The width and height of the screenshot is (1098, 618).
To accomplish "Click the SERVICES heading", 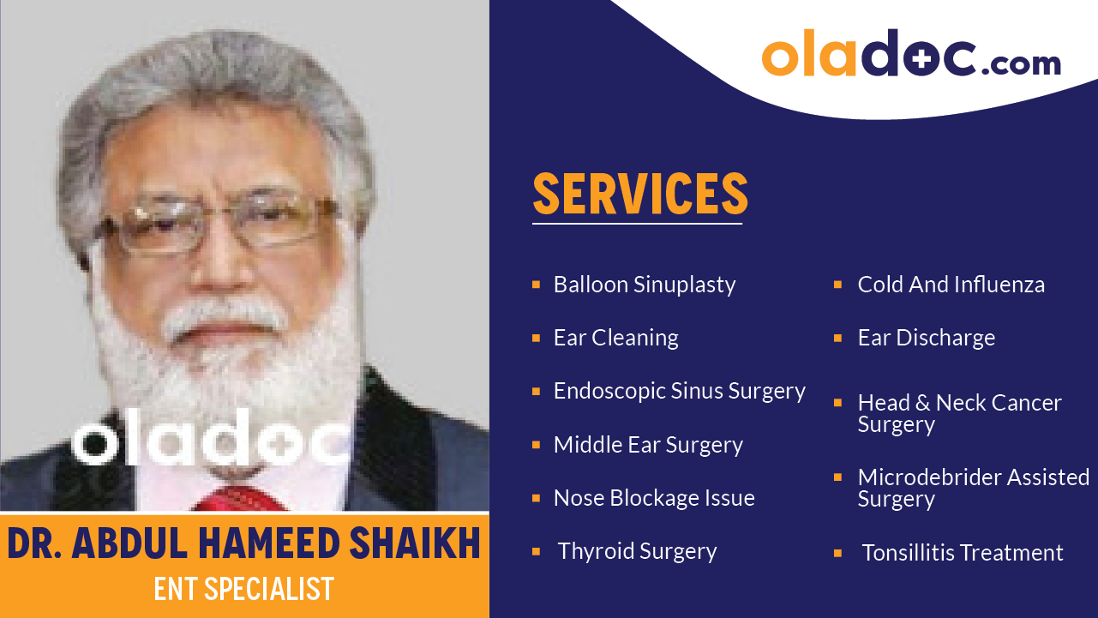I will coord(639,194).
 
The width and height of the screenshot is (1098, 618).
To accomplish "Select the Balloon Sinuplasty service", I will coord(644,285).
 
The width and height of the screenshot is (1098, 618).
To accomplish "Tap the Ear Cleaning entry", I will coord(615,338).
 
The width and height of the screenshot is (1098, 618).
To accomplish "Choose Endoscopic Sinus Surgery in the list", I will coord(679,391).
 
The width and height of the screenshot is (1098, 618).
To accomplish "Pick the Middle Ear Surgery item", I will coord(648,445).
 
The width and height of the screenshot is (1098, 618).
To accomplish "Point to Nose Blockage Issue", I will coord(654,498).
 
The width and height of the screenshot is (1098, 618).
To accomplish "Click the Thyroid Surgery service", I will coord(637,551).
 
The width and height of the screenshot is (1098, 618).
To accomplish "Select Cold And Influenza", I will coord(951,285).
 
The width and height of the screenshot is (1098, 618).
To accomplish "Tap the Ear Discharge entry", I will coord(926,338).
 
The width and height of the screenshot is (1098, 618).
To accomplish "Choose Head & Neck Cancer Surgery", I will coord(959,413).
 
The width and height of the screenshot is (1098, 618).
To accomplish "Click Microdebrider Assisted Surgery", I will coord(973,488).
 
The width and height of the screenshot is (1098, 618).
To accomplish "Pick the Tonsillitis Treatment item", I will coord(962,553).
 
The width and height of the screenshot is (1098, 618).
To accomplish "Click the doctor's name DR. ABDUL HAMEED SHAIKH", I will coord(244,544).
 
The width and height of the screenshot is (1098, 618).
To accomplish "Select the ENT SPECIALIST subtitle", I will coord(243,590).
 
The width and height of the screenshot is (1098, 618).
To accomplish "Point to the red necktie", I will coord(244,499).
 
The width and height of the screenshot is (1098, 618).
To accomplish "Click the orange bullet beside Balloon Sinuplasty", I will coord(536,284).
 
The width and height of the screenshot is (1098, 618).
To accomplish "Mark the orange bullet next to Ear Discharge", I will coord(838,338).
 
